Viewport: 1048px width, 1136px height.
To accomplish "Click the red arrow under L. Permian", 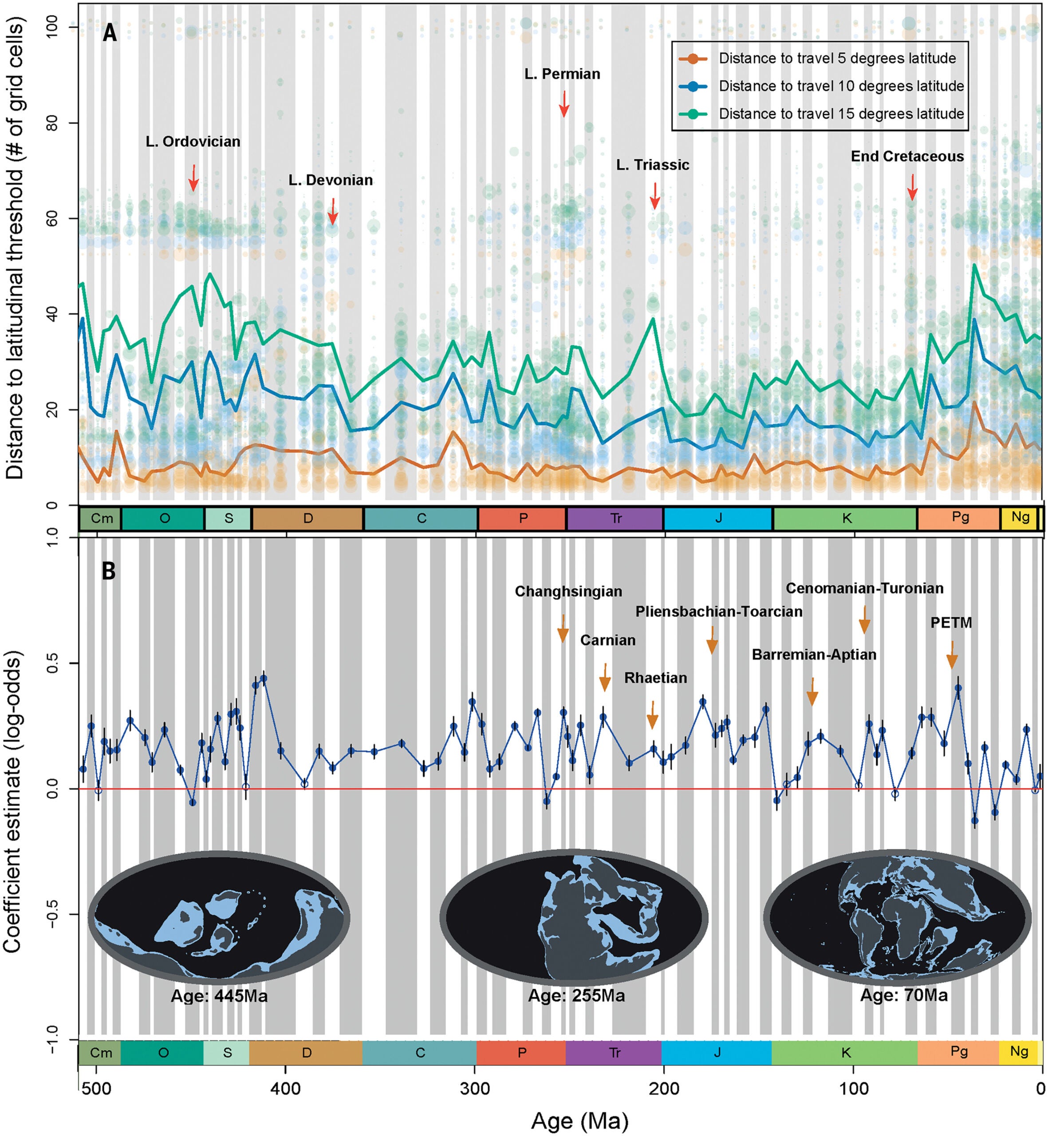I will click(x=563, y=104).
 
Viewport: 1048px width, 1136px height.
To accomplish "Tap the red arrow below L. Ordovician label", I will click(x=193, y=177).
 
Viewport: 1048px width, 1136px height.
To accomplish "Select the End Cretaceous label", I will click(x=907, y=157).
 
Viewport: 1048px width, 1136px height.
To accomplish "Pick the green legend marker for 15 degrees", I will click(x=693, y=114).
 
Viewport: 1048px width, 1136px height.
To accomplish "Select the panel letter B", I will click(x=108, y=571).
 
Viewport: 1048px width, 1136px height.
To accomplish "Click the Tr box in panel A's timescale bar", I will click(x=615, y=518).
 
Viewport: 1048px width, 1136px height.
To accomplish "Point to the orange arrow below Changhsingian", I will click(x=563, y=628).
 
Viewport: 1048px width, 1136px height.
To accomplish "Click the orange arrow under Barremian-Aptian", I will click(x=812, y=691).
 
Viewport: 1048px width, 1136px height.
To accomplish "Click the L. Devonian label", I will click(x=331, y=180).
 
